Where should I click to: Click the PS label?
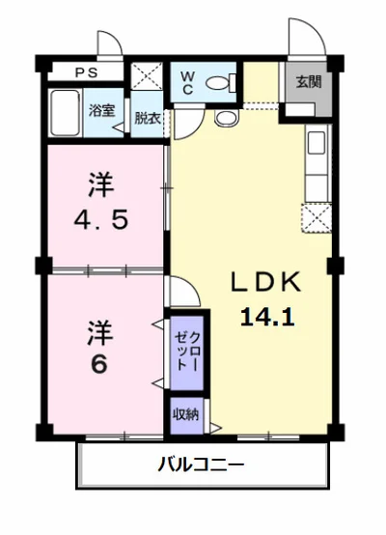coord(87,72)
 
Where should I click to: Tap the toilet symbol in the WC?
coord(221,83)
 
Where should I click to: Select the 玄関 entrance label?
coord(309,82)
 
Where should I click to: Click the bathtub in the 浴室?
coord(65,113)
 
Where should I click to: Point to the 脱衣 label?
coord(148,118)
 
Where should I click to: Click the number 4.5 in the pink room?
coord(101,220)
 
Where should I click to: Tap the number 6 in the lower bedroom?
coord(99,364)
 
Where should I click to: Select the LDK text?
coord(266,282)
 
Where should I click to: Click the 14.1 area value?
coord(267,317)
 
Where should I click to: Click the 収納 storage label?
coord(186,414)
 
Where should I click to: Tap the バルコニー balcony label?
coord(201,465)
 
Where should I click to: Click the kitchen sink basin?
coord(317,143)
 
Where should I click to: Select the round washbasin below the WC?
coord(227,119)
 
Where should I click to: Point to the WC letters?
coord(187,83)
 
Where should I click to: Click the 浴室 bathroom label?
coord(101,110)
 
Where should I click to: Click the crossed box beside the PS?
coord(147,75)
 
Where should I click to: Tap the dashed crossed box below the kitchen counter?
coord(317,217)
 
